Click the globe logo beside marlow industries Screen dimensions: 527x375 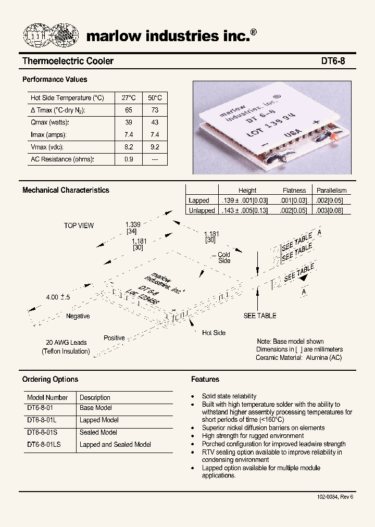[51, 35]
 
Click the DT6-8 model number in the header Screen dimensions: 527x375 [333, 61]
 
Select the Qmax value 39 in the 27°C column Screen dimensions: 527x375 [129, 122]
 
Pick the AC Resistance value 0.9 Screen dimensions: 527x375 [129, 159]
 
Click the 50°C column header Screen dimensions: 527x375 [155, 98]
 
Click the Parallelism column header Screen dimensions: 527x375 [331, 191]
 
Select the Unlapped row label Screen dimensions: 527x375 [202, 210]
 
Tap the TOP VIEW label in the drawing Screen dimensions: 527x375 [79, 225]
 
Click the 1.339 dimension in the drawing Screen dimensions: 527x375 [133, 224]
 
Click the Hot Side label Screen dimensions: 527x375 [214, 333]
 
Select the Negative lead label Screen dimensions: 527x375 [78, 316]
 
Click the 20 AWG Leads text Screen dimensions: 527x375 [66, 343]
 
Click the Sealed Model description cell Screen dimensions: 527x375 [98, 432]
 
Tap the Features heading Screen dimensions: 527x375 [205, 379]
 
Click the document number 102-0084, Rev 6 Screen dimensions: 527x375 [335, 497]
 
